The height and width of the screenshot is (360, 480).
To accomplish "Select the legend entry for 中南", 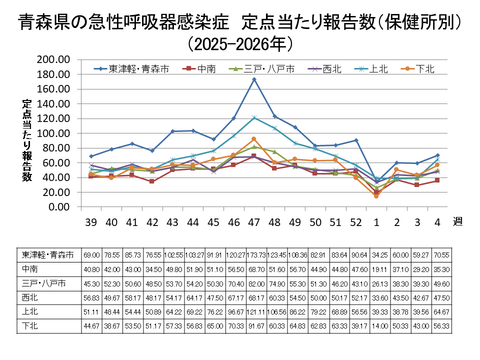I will tap(206, 69).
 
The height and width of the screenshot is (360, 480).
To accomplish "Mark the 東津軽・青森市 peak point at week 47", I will tap(254, 79).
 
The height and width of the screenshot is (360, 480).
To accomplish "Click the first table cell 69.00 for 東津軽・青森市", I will tap(93, 256).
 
